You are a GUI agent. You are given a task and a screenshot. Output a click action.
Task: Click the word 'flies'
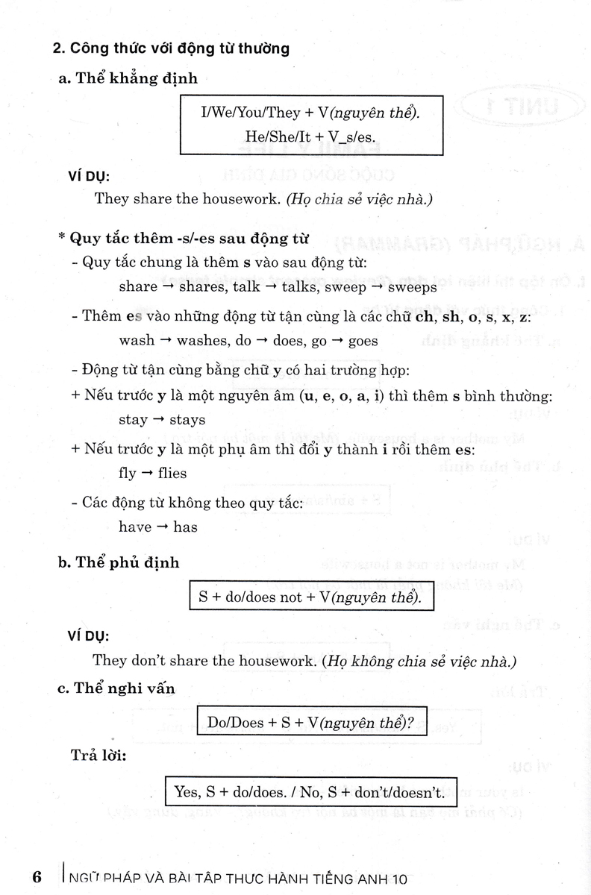click(171, 473)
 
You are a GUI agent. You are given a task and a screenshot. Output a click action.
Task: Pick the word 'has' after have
click(185, 527)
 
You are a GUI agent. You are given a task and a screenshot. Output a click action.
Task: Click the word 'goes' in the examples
click(358, 340)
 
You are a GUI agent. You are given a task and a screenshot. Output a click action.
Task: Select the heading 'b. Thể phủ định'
click(119, 562)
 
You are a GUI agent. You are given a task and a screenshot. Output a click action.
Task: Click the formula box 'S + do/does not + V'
click(311, 598)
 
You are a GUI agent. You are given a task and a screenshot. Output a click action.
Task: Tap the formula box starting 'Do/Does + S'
click(311, 722)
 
